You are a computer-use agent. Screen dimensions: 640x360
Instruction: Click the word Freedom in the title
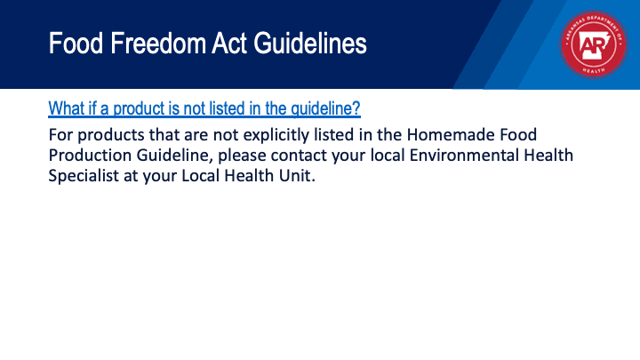(158, 44)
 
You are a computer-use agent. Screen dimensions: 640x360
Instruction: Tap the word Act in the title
(229, 44)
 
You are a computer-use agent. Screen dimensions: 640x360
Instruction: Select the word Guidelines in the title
(310, 44)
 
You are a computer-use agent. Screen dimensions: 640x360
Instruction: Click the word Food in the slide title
(76, 44)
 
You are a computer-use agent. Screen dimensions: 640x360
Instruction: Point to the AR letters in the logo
(593, 45)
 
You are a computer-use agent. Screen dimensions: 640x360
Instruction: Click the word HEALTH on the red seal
(594, 70)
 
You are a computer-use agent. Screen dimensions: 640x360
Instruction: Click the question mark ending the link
(356, 108)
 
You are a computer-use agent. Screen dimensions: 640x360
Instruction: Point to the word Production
(90, 155)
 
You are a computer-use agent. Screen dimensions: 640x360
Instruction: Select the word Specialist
(84, 176)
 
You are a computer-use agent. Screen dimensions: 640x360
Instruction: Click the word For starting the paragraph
(60, 135)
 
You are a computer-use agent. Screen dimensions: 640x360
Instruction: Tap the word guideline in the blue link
(325, 108)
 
